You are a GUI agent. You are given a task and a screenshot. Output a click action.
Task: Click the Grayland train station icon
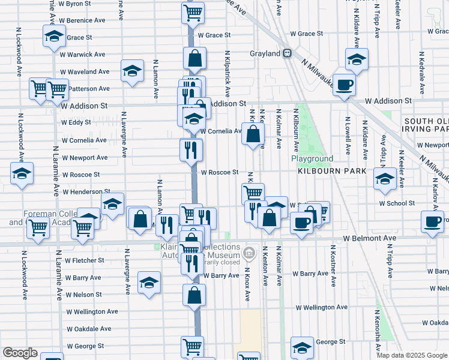pyautogui.click(x=288, y=53)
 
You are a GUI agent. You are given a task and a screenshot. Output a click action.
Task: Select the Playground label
pyautogui.click(x=312, y=159)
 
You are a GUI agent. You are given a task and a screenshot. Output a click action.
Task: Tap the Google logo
pyautogui.click(x=20, y=353)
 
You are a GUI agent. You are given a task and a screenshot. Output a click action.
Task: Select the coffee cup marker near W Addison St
pyautogui.click(x=343, y=85)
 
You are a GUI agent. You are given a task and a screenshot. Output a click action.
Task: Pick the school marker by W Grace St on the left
pyautogui.click(x=55, y=37)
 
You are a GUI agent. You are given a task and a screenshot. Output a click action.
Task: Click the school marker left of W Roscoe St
pyautogui.click(x=22, y=174)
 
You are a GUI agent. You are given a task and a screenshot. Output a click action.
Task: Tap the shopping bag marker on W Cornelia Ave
pyautogui.click(x=253, y=134)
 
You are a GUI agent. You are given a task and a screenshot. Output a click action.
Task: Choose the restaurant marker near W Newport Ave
pyautogui.click(x=191, y=150)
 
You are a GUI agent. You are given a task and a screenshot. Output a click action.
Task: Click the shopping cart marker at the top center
pyautogui.click(x=193, y=11)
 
